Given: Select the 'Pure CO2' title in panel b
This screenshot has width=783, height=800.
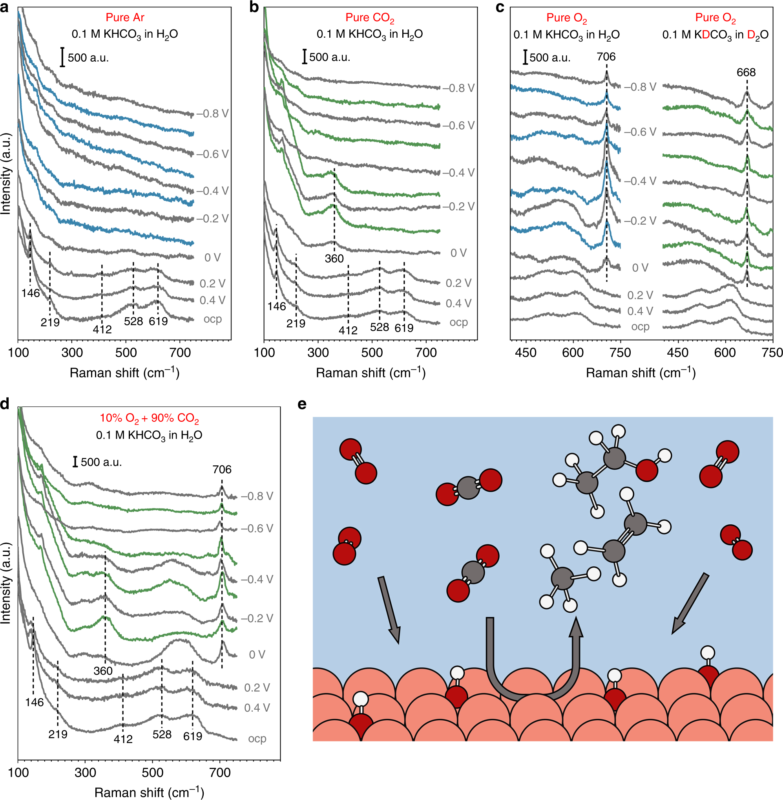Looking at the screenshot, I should click(369, 18).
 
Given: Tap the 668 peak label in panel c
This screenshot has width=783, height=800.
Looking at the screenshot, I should click(746, 72).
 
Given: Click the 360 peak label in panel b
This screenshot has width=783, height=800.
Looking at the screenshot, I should click(334, 258).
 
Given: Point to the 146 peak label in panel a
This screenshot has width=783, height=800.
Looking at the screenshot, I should click(31, 293).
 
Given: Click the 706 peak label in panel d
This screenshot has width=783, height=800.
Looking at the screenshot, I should click(222, 470).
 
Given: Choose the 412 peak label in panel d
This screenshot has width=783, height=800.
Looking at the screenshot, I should click(123, 739).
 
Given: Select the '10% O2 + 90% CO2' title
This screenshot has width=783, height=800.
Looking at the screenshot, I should click(149, 418).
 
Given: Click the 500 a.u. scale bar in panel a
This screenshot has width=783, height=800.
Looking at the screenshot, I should click(62, 57).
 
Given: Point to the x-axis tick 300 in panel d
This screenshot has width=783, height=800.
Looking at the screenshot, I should click(85, 773).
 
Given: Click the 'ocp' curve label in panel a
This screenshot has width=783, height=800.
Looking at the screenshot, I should click(213, 319).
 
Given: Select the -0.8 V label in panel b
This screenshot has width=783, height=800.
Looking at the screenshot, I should click(458, 88).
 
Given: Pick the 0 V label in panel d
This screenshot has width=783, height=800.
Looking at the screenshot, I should click(257, 655).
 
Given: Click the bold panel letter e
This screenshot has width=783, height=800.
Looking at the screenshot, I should click(302, 404).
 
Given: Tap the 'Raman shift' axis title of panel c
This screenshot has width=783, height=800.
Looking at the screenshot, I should click(640, 373).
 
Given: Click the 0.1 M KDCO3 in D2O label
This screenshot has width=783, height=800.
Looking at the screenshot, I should click(715, 35).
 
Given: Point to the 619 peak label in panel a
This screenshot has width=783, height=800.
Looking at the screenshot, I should click(158, 321).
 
